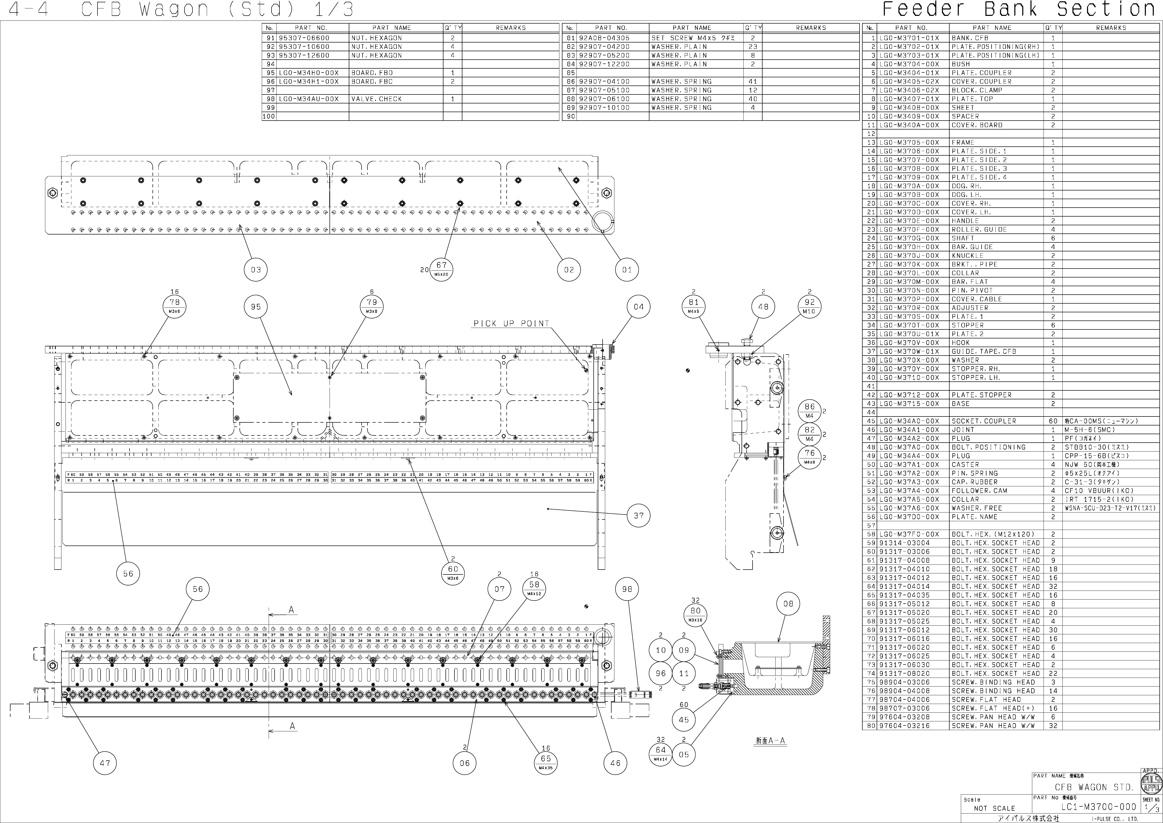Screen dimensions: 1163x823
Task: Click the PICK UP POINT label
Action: pos(511,323)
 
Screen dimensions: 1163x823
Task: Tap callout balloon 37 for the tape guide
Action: pos(638,515)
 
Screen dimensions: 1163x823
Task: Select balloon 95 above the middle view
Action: pos(256,307)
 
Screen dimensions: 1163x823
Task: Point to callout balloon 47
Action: pos(105,763)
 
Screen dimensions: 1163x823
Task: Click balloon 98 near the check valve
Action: pos(627,589)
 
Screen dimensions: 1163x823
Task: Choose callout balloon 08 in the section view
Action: pos(788,604)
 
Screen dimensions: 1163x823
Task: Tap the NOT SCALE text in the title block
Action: pos(994,808)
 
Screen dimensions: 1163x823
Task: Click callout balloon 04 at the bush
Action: pos(638,307)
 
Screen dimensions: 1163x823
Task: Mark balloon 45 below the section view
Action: pos(684,720)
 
